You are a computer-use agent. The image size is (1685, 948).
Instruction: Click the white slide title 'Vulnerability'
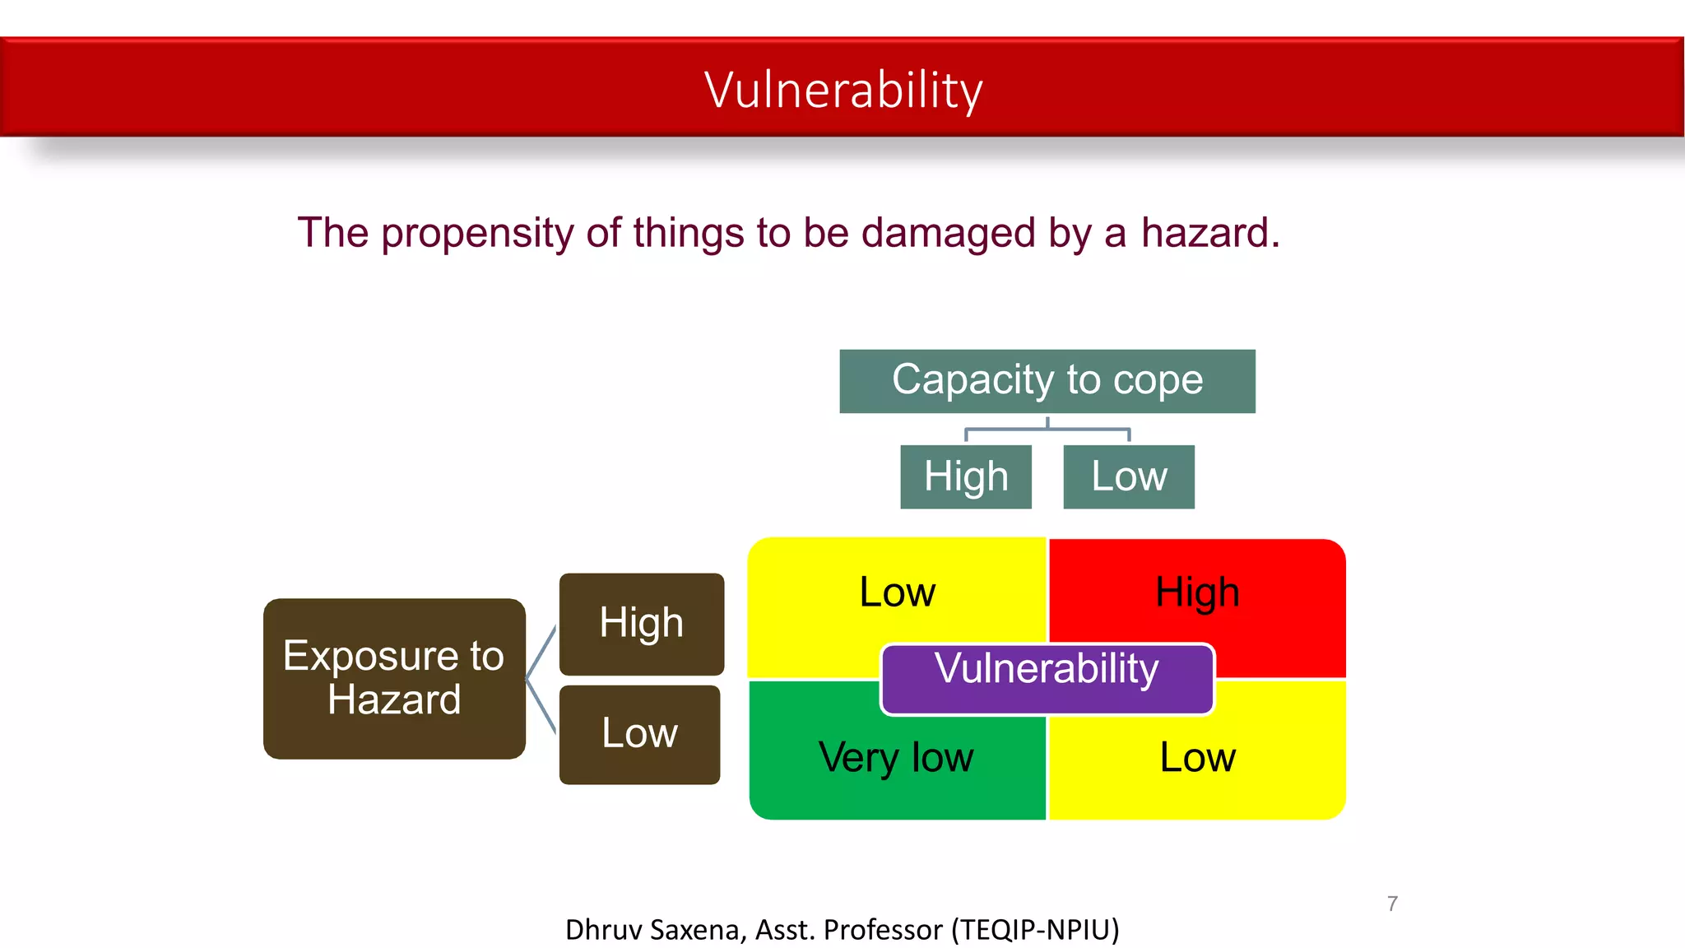tap(843, 90)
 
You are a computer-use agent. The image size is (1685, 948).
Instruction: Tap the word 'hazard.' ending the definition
tap(1210, 233)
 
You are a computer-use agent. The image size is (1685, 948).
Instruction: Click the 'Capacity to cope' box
tap(1047, 381)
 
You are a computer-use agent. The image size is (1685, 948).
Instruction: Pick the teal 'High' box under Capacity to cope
tap(966, 477)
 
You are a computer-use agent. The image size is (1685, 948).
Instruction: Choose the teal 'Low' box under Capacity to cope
tap(1129, 477)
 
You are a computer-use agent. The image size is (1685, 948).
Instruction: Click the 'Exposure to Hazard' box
tap(394, 678)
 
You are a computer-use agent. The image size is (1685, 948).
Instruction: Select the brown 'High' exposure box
tap(642, 624)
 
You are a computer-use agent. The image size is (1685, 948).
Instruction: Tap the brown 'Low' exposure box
tap(640, 734)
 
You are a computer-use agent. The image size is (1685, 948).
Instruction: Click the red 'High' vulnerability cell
tap(1198, 592)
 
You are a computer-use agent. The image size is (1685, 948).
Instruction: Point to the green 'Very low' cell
tap(896, 757)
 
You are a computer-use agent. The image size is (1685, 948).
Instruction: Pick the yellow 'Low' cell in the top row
tap(897, 592)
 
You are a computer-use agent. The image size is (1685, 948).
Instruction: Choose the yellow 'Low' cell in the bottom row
tap(1198, 757)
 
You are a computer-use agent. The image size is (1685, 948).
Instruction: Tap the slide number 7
tap(1392, 904)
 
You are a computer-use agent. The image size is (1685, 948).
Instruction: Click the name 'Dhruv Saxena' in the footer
tap(655, 930)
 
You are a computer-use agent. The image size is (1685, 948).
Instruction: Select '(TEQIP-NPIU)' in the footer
tap(1035, 930)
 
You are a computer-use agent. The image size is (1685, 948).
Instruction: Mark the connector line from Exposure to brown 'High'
tap(541, 653)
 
